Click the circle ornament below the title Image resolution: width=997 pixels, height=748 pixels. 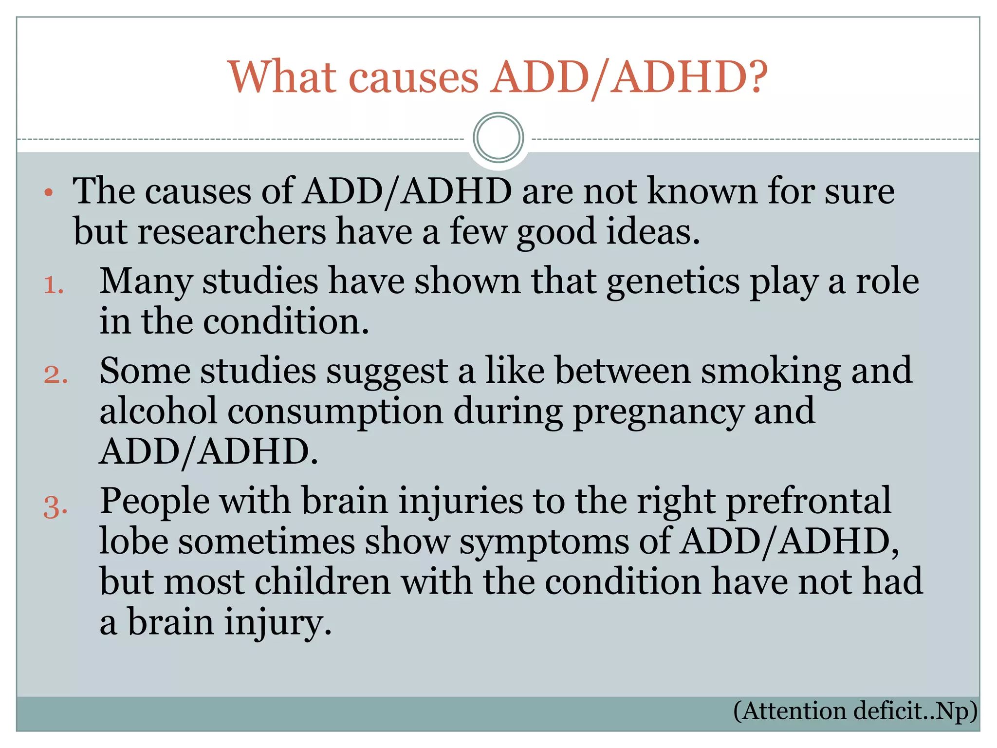[x=498, y=138]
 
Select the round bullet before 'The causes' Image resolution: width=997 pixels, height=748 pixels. [x=48, y=193]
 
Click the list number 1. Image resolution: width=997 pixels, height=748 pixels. [x=54, y=285]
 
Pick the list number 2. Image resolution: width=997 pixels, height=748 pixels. [x=55, y=374]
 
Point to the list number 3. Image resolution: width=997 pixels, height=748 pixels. [x=55, y=506]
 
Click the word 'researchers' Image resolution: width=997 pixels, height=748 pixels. [x=231, y=232]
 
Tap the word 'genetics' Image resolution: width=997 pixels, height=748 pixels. [x=673, y=282]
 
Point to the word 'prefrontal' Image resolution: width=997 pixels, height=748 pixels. [x=809, y=501]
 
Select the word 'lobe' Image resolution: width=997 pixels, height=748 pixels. [x=134, y=542]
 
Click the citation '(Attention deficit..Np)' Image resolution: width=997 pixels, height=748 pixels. [x=855, y=711]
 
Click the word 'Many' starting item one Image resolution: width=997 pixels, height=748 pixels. [x=146, y=282]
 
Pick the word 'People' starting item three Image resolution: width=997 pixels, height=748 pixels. [x=154, y=501]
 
